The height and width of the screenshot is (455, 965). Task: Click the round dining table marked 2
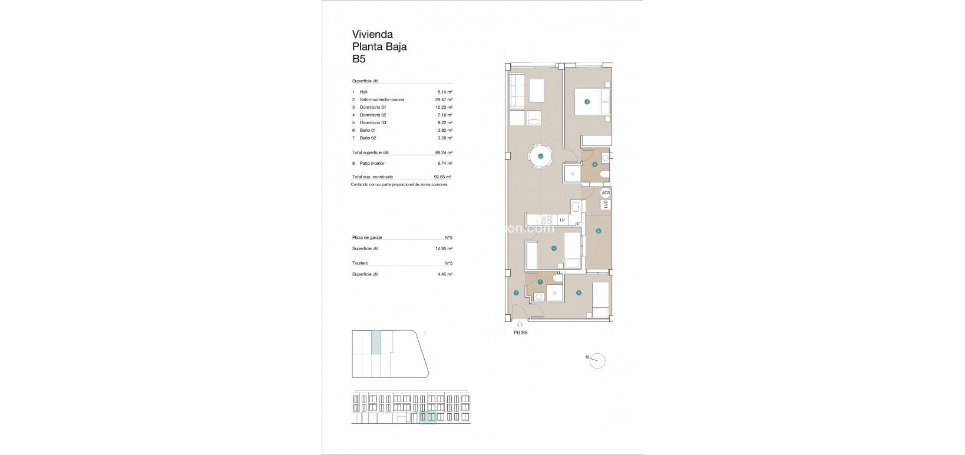[x=541, y=157]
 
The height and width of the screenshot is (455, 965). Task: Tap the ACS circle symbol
[x=605, y=192]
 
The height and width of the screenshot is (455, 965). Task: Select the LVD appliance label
[x=605, y=204]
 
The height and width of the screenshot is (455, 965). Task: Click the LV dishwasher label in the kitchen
[x=562, y=220]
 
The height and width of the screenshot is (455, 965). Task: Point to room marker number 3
[x=587, y=102]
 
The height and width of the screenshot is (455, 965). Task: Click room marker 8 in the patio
[x=598, y=231]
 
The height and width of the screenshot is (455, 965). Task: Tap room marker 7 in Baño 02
[x=540, y=282]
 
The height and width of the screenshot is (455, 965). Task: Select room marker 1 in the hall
[x=516, y=293]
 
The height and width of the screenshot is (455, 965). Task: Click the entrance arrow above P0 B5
[x=519, y=323]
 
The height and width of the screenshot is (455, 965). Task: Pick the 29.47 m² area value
[x=444, y=100]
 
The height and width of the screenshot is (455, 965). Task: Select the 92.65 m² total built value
[x=442, y=177]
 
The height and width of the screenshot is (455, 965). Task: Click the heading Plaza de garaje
[x=367, y=237]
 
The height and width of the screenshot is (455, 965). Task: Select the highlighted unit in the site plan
[x=376, y=342]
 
